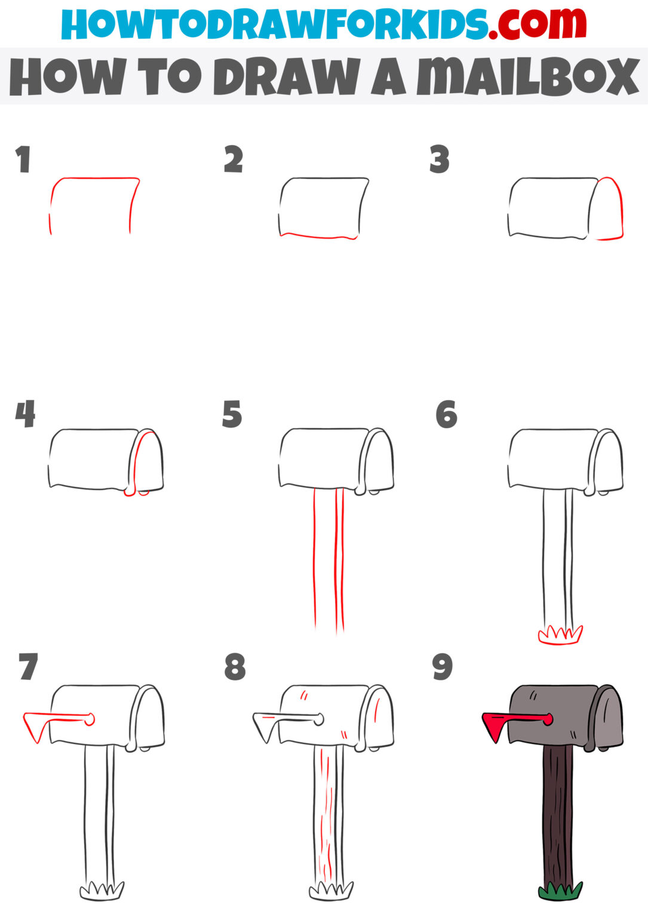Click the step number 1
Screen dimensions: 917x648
coord(23,159)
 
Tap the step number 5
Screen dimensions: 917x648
coord(232,414)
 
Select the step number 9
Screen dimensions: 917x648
coord(443,667)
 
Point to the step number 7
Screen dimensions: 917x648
coord(28,667)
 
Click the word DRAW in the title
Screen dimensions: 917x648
coord(287,77)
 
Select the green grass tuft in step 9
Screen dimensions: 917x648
coord(560,891)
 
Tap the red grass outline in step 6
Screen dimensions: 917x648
coord(560,635)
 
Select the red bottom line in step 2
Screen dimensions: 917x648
coord(319,236)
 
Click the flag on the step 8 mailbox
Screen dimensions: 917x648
coord(266,724)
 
